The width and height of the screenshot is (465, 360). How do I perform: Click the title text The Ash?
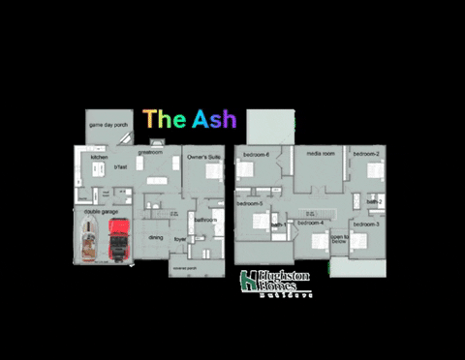coord(190,119)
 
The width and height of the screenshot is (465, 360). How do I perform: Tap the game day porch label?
coord(108,125)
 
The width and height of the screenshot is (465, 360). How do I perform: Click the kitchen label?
coord(99,157)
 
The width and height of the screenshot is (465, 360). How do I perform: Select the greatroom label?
coord(150,152)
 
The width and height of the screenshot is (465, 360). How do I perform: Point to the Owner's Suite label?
coord(204,155)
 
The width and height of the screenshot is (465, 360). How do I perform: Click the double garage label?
coord(102,210)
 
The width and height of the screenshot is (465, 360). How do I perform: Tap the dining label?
coord(155,236)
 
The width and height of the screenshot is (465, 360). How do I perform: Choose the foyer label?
coord(179,238)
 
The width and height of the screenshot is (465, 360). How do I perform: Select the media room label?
coord(321,153)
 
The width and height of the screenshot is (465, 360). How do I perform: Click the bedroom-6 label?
coord(256,155)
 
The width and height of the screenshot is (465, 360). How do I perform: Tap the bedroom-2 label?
coord(365,155)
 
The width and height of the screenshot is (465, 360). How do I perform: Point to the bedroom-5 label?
coord(250,203)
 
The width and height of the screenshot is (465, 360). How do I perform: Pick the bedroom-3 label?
coord(365,224)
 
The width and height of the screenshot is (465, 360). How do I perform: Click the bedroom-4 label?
coord(310,224)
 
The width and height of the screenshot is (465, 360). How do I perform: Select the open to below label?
coord(338,239)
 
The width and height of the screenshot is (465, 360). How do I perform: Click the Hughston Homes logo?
coord(275,282)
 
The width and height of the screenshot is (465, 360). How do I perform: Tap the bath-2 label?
coord(375,200)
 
